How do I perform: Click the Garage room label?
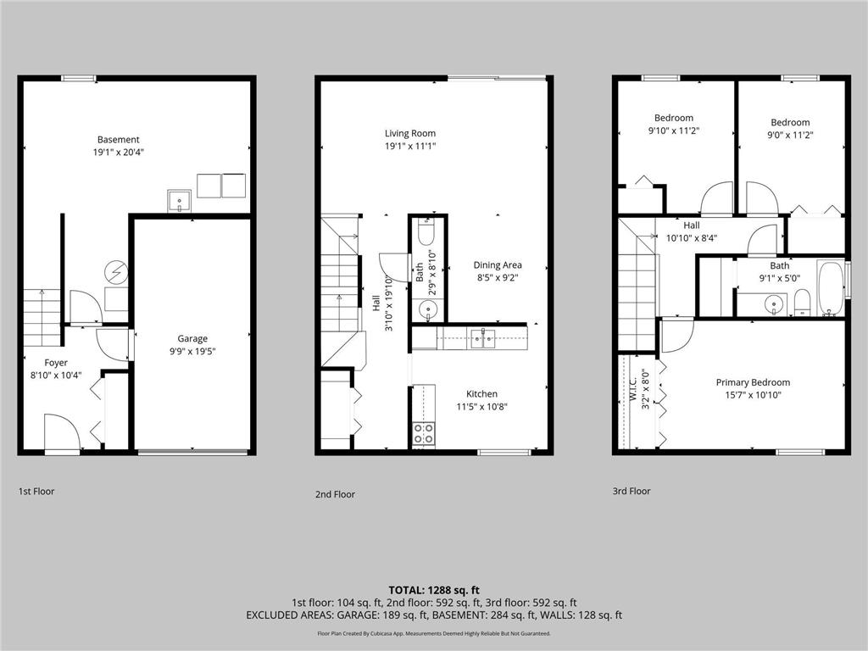[192, 338]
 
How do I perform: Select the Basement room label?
[119, 140]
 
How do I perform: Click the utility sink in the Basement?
[180, 201]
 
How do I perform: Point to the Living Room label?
[410, 133]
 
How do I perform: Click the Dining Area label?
[498, 264]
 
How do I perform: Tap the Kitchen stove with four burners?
[423, 434]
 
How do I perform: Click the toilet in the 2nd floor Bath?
[426, 232]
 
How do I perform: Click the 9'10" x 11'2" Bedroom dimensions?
[673, 131]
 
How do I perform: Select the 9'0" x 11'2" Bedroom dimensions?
[790, 135]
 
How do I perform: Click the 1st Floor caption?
[36, 491]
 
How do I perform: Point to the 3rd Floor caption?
[631, 491]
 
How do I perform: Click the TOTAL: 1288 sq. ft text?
[433, 590]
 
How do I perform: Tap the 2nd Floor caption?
[335, 494]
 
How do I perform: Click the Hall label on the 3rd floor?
[692, 225]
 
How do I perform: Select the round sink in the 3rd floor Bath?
[772, 303]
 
